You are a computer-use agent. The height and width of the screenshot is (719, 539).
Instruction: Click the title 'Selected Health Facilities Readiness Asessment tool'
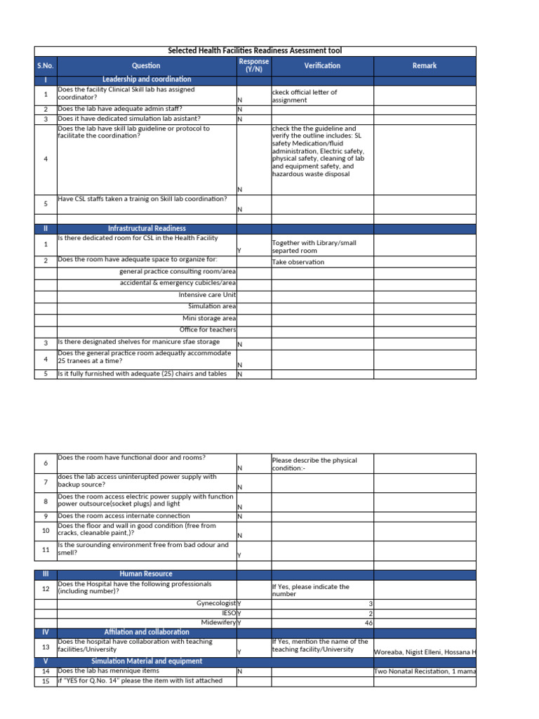pyautogui.click(x=255, y=51)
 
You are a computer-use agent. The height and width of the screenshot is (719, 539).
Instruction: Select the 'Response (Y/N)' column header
pyautogui.click(x=253, y=65)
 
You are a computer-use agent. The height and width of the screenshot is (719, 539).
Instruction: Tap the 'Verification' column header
pyautogui.click(x=322, y=65)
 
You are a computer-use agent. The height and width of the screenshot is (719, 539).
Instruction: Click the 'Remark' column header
pyautogui.click(x=425, y=65)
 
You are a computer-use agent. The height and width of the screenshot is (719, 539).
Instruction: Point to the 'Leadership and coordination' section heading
pyautogui.click(x=146, y=79)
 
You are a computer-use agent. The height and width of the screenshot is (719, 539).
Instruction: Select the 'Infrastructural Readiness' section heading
pyautogui.click(x=146, y=228)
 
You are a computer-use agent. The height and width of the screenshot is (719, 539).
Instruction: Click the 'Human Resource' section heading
pyautogui.click(x=146, y=574)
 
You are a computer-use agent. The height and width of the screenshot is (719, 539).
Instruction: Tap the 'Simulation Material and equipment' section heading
pyautogui.click(x=146, y=661)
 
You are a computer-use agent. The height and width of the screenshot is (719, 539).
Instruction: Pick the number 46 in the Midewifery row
pyautogui.click(x=368, y=623)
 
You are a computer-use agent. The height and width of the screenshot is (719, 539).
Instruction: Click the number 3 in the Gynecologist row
pyautogui.click(x=371, y=603)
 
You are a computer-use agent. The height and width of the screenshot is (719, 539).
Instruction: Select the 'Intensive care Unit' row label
pyautogui.click(x=207, y=295)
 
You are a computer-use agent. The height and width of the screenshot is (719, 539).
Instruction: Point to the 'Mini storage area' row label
pyautogui.click(x=209, y=318)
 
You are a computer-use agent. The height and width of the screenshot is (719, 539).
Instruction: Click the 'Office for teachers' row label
pyautogui.click(x=208, y=329)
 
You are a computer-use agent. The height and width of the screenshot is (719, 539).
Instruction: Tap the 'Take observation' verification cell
pyautogui.click(x=298, y=262)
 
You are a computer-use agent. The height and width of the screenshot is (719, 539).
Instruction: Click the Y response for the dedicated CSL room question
pyautogui.click(x=239, y=251)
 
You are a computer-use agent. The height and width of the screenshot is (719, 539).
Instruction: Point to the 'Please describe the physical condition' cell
pyautogui.click(x=314, y=464)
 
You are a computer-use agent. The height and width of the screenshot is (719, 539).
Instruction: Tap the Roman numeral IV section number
pyautogui.click(x=45, y=632)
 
